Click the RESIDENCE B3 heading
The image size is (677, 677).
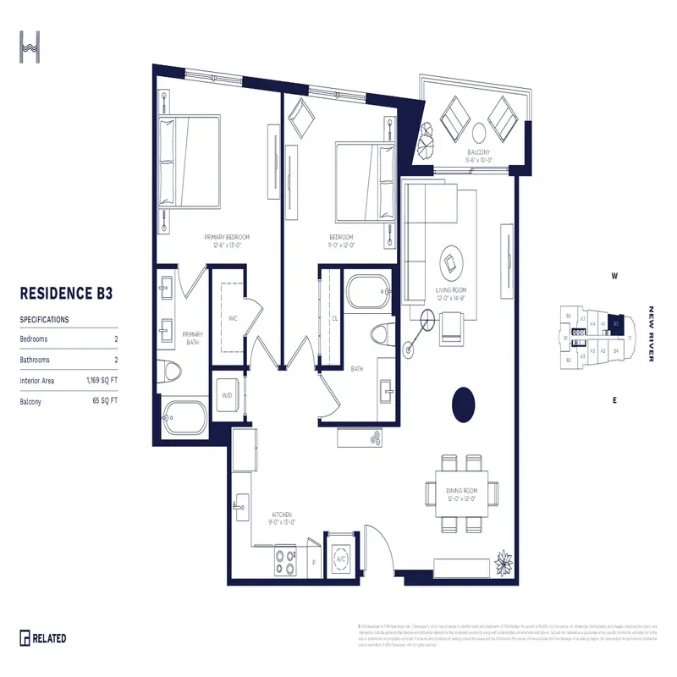[x=66, y=294]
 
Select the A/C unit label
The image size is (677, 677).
[x=342, y=559]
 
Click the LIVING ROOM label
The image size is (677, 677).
[x=452, y=292]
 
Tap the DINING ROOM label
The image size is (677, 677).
[x=463, y=493]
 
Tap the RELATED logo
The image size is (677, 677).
[x=43, y=638]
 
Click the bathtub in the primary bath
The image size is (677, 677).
[x=184, y=416]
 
